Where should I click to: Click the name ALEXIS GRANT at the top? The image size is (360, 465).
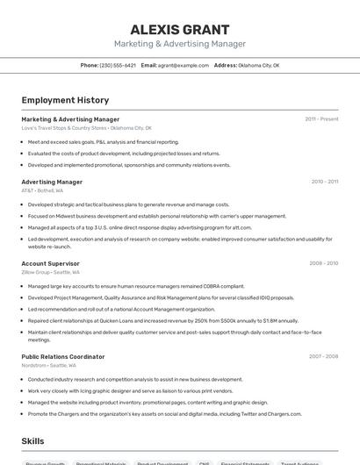tap(179, 29)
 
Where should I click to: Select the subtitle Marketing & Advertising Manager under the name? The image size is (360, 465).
tap(179, 44)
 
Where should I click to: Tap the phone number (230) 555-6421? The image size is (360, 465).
tap(118, 65)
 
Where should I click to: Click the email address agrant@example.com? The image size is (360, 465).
tap(184, 65)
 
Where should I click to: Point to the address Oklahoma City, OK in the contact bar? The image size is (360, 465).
tap(259, 65)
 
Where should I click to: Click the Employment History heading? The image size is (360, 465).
tap(65, 100)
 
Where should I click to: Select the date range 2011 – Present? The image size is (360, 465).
tap(321, 119)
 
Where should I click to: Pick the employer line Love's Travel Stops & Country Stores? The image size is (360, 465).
tap(86, 128)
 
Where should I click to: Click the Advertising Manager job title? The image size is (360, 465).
tap(52, 182)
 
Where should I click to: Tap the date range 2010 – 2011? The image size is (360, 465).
tap(324, 182)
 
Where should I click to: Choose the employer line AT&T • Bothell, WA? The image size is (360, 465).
tap(42, 190)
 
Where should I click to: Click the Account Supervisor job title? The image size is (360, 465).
tap(50, 263)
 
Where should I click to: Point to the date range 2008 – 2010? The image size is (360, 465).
tap(323, 263)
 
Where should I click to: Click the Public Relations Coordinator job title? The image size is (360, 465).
tap(62, 357)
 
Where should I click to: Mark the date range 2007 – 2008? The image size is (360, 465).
tap(323, 357)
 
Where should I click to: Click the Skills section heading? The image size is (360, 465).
tap(33, 440)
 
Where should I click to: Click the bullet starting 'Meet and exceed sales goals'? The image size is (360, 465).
tap(103, 142)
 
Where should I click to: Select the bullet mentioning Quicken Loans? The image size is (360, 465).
tap(162, 320)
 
